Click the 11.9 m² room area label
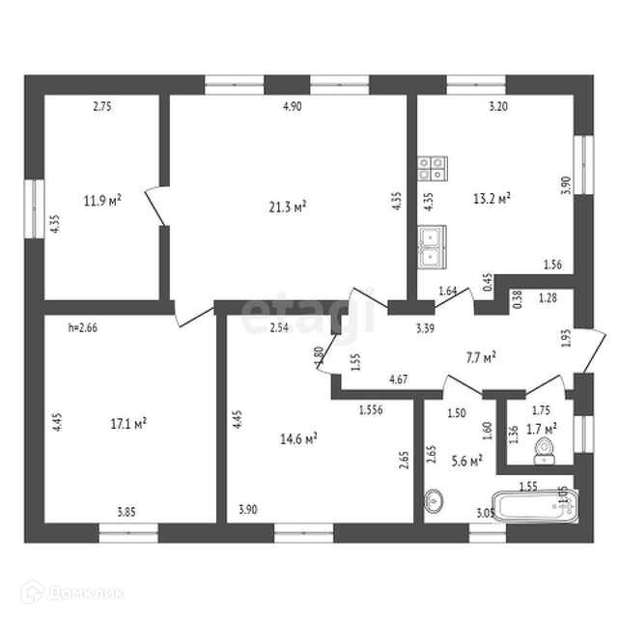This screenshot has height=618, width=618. click(x=101, y=201)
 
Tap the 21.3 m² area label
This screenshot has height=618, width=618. click(x=287, y=206)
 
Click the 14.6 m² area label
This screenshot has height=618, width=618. click(x=299, y=437)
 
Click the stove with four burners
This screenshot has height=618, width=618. click(x=432, y=169)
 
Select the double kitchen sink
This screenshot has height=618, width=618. click(x=431, y=246)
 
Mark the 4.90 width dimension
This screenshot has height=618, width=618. click(x=293, y=107)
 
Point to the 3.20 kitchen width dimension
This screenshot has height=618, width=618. click(x=498, y=107)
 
